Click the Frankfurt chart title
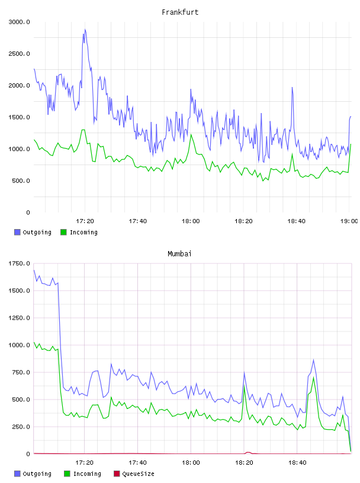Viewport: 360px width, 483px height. tap(180, 12)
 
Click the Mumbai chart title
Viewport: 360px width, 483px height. tap(179, 254)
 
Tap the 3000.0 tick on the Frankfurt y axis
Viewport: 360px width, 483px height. tap(19, 22)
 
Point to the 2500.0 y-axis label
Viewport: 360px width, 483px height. tap(19, 54)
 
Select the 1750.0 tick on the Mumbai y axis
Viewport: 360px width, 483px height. tap(19, 263)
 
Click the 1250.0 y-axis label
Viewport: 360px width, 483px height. tap(19, 318)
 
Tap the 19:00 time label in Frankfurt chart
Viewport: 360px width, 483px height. tap(349, 221)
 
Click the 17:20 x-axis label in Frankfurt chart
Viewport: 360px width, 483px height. tap(85, 221)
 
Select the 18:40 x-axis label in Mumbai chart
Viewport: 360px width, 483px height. tap(297, 463)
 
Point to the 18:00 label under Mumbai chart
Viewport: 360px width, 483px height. tap(191, 463)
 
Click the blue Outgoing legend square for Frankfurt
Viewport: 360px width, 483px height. tap(17, 232)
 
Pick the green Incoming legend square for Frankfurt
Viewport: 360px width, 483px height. tap(63, 232)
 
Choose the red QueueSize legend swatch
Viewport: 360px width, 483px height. tap(117, 474)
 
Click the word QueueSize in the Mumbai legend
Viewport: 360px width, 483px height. tap(139, 474)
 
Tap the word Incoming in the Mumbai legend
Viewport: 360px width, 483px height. tap(87, 474)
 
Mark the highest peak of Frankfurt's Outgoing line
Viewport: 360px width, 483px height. tap(85, 30)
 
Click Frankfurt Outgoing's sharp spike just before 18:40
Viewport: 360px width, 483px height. tap(292, 88)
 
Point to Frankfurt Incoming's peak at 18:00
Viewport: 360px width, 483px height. tap(191, 134)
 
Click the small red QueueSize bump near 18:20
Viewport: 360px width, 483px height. tap(248, 452)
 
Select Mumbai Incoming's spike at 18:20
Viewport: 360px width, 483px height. tap(244, 385)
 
